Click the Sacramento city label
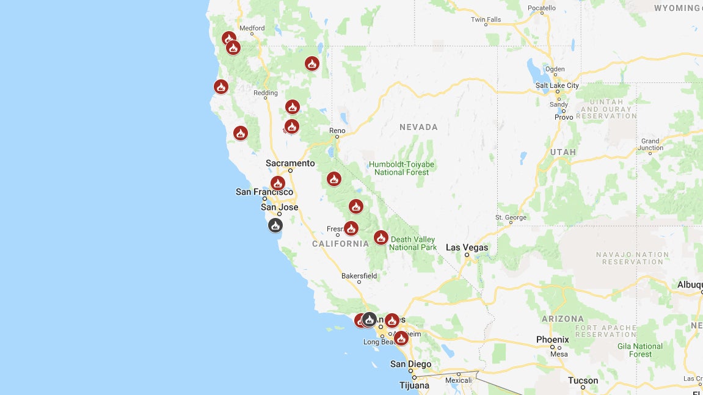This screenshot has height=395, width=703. tap(290, 163)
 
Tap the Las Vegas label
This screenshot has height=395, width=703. tap(467, 247)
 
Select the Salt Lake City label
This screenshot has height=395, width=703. tap(557, 85)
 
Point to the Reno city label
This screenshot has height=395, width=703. tap(337, 131)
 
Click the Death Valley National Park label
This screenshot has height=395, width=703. tap(413, 243)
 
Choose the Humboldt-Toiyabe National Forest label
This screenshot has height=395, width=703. tap(402, 168)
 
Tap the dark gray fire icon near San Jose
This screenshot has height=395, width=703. tap(275, 225)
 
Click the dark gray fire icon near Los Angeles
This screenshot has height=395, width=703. tap(369, 319)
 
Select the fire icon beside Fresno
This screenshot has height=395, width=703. tap(351, 228)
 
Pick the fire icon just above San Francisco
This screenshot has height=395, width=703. tap(278, 183)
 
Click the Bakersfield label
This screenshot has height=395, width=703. tap(359, 276)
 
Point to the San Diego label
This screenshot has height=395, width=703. tap(410, 364)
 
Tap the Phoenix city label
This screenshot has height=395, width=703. tap(552, 339)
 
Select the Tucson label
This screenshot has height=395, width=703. tap(583, 380)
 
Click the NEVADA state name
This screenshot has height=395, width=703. tap(418, 127)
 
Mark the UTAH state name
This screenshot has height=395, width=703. tap(563, 152)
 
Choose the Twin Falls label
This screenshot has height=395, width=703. tap(486, 20)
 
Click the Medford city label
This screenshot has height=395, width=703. tap(252, 28)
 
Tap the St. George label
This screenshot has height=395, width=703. tap(511, 217)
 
